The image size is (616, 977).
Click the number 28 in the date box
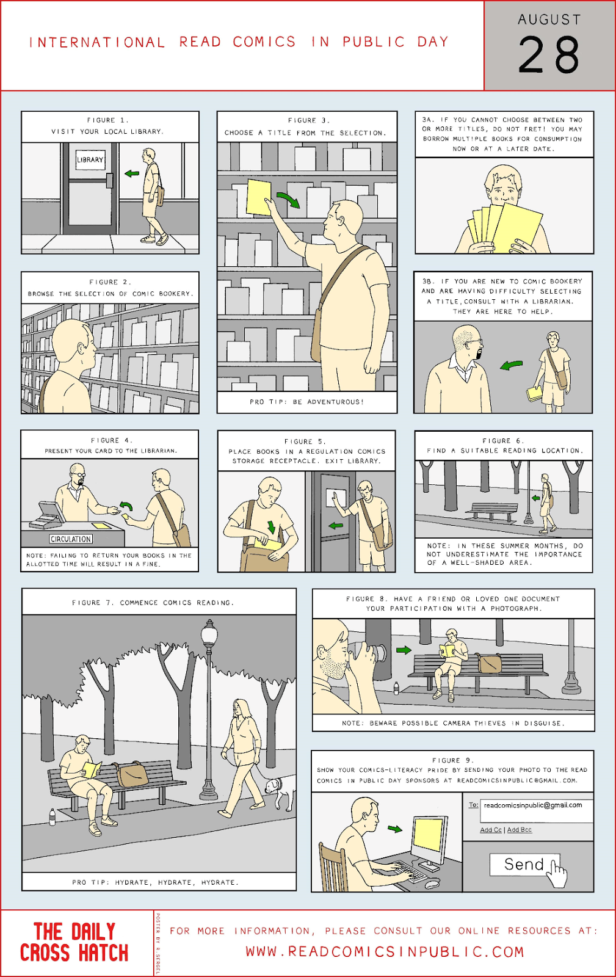click(549, 54)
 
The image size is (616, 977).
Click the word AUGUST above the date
click(549, 20)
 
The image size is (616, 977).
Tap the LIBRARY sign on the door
click(90, 159)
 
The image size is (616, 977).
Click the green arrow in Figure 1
click(132, 173)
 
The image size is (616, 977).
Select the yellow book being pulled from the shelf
click(258, 197)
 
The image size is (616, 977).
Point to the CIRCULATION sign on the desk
click(71, 539)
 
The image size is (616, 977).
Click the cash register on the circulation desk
click(48, 515)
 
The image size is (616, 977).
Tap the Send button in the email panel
click(524, 864)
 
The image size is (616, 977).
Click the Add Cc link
click(491, 830)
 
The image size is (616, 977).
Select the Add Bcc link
click(519, 830)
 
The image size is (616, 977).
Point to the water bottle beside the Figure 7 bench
click(53, 817)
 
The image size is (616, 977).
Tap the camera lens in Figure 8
click(379, 653)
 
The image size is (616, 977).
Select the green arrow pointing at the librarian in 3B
click(511, 365)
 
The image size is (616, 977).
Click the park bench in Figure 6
click(491, 512)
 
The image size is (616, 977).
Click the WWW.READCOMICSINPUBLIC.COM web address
click(385, 952)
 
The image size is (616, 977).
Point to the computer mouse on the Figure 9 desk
click(432, 884)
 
